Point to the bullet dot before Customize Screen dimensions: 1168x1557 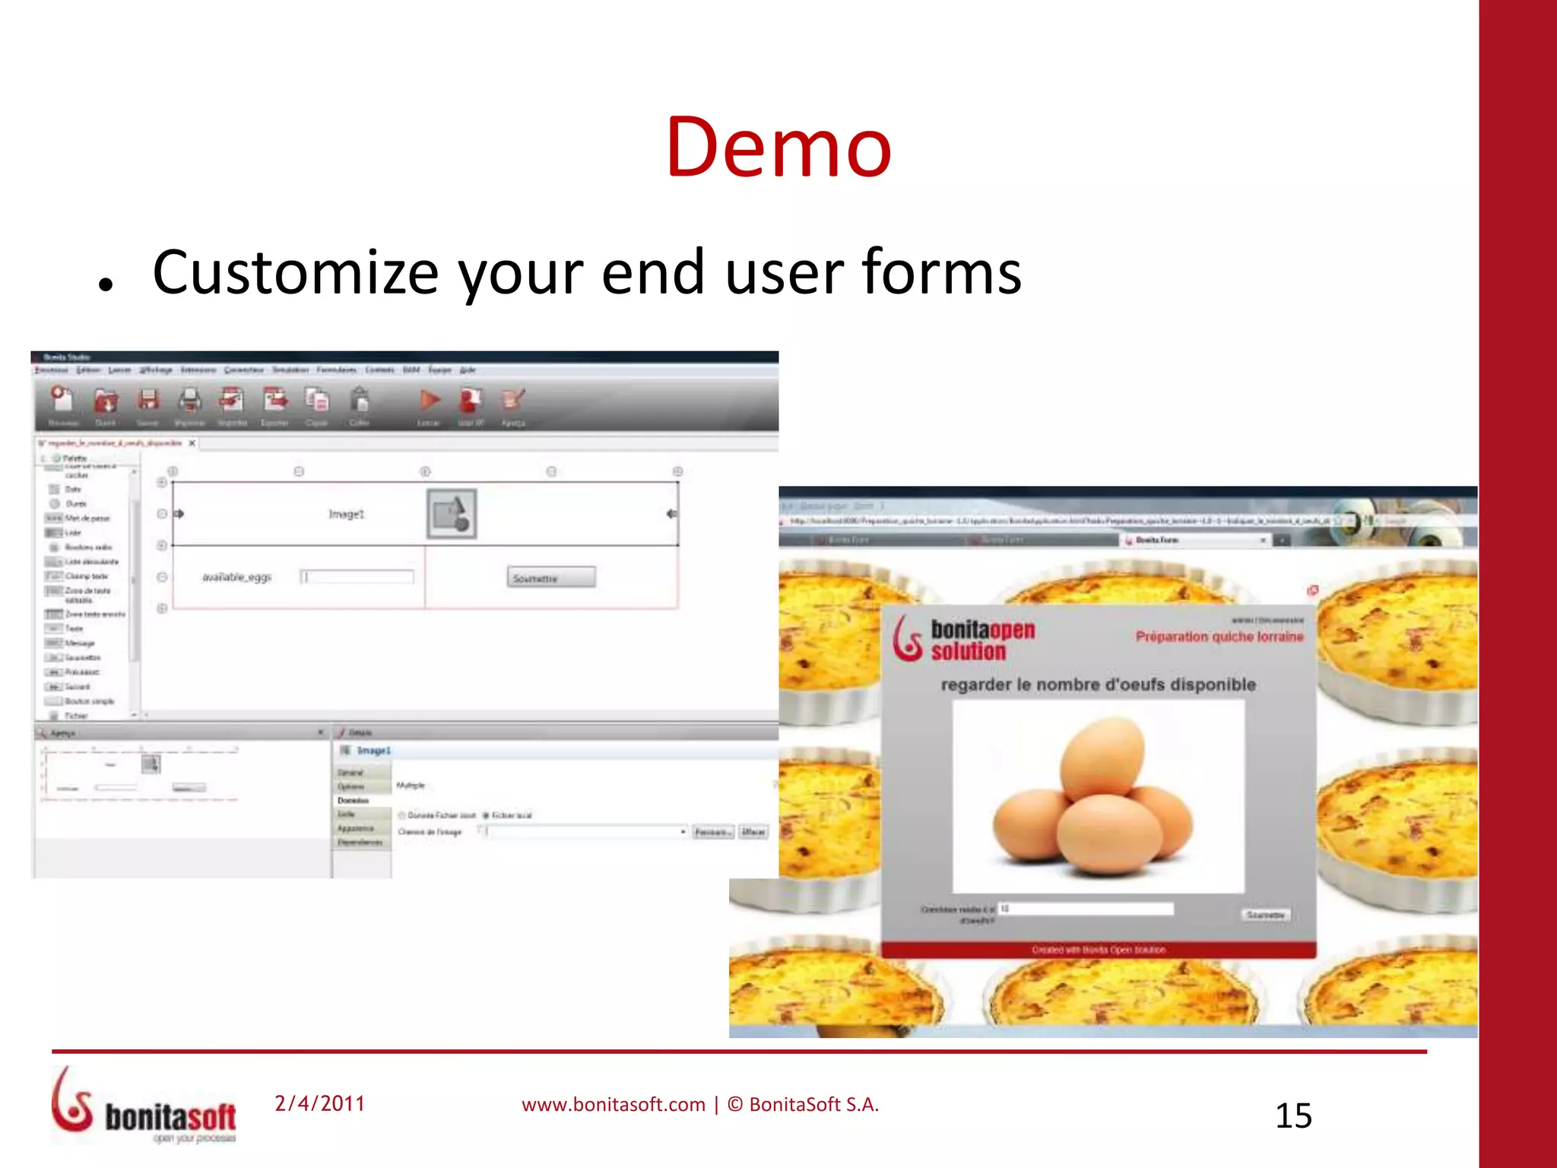pos(106,286)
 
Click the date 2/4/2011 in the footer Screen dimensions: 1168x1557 pos(320,1103)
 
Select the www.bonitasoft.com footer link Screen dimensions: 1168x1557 pos(614,1105)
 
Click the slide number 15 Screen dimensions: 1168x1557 pos(1293,1116)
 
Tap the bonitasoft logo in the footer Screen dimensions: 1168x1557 pos(144,1106)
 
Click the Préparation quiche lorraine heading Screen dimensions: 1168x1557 pos(1219,636)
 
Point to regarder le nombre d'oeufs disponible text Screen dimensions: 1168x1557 pos(1098,684)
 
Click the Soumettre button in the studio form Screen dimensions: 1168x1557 pos(550,578)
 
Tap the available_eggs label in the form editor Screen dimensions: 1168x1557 pos(236,577)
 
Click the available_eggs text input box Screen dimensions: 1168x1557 pos(357,577)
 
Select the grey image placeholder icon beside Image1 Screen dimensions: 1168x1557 pos(452,514)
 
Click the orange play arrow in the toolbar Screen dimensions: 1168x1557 pos(430,400)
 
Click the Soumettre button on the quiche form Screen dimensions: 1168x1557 pos(1265,915)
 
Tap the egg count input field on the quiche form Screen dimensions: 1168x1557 pos(1086,909)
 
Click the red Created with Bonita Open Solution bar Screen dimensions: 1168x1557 pos(1098,950)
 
